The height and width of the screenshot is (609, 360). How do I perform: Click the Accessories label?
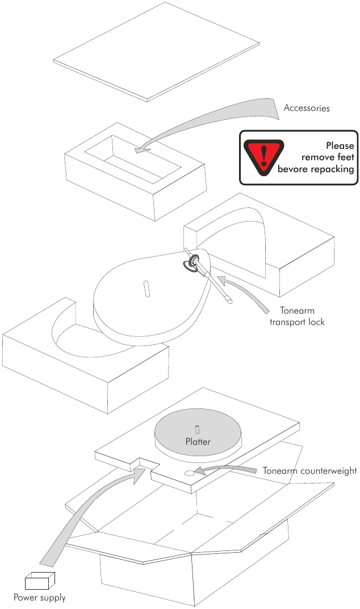pyautogui.click(x=307, y=108)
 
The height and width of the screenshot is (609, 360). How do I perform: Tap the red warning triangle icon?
pyautogui.click(x=263, y=155)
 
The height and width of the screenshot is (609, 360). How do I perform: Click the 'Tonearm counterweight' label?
pyautogui.click(x=309, y=470)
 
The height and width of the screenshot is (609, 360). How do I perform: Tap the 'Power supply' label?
pyautogui.click(x=40, y=598)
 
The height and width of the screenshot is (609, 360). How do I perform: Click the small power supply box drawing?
pyautogui.click(x=40, y=581)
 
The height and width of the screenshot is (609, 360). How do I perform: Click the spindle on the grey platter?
pyautogui.click(x=197, y=428)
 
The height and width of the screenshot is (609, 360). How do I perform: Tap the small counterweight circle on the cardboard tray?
pyautogui.click(x=189, y=472)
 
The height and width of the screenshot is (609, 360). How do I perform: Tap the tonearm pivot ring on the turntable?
pyautogui.click(x=194, y=261)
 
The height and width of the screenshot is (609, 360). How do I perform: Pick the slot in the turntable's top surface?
pyautogui.click(x=145, y=287)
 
